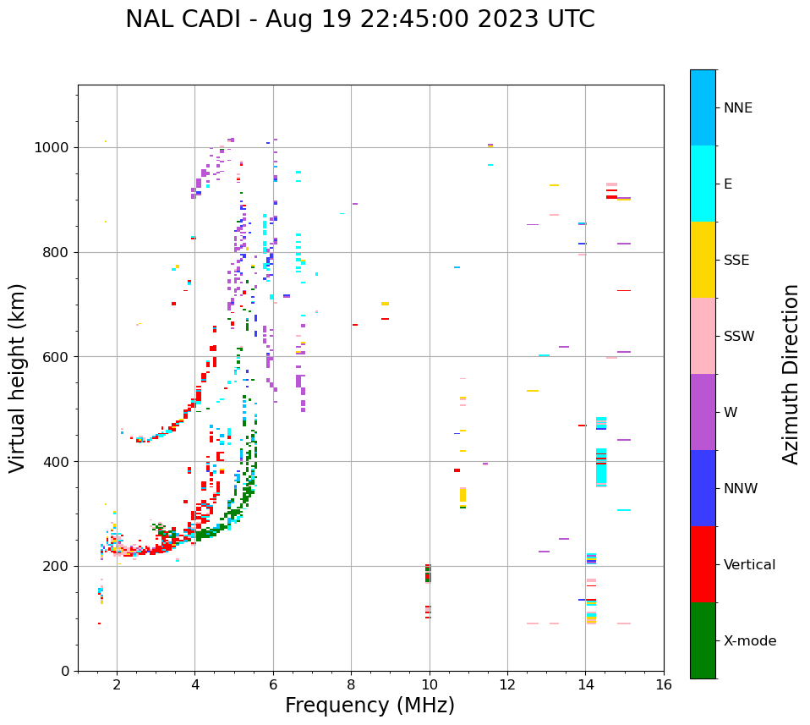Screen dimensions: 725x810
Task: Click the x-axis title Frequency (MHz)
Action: (x=369, y=706)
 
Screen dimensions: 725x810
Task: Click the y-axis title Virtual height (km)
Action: (x=18, y=377)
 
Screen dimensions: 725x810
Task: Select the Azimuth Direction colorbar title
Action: (x=791, y=373)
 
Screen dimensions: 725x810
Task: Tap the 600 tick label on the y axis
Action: (x=58, y=357)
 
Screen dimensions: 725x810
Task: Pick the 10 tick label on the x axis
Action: (x=429, y=684)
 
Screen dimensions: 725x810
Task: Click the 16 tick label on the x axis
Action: (x=663, y=684)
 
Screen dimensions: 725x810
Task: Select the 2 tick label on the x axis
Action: (x=117, y=684)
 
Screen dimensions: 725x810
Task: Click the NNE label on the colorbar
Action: (x=737, y=108)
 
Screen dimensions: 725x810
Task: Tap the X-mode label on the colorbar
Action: (x=749, y=641)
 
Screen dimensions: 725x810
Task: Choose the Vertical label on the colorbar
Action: (x=749, y=565)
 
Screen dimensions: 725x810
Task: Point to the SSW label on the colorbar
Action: (x=739, y=337)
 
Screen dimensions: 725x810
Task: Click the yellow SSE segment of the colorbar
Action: (x=703, y=260)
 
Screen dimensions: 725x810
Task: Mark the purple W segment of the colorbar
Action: (x=703, y=412)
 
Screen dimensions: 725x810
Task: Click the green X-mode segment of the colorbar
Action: (x=703, y=640)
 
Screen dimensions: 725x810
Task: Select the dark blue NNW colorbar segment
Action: (x=703, y=488)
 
